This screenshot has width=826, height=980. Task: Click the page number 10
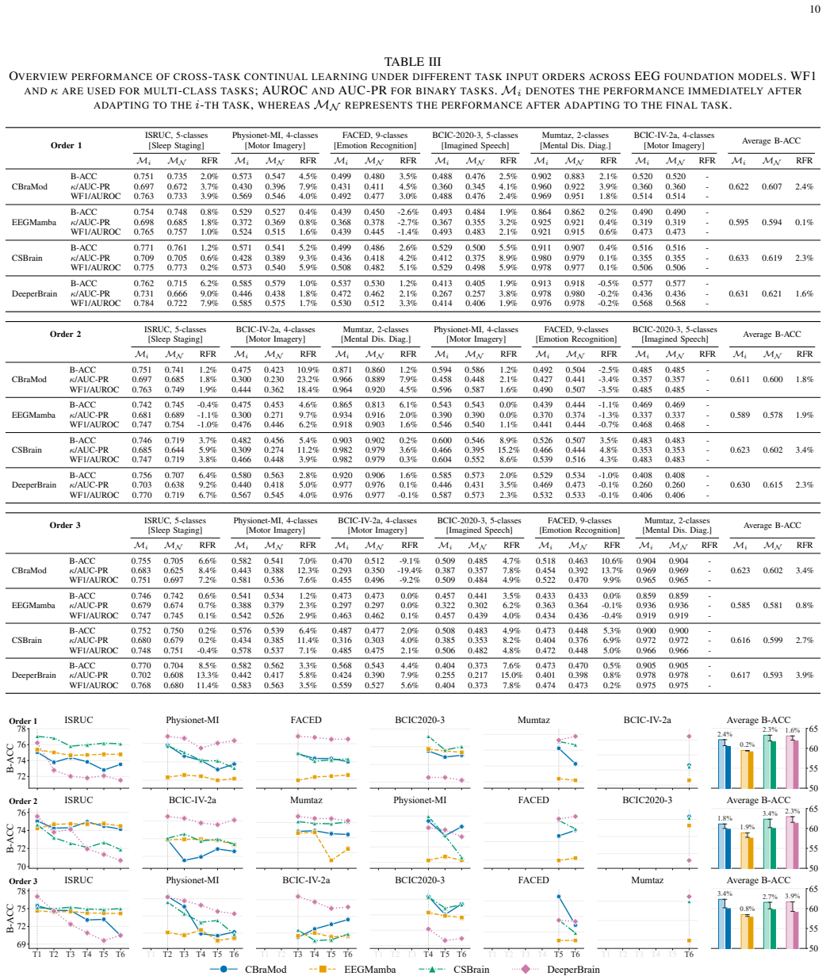point(815,9)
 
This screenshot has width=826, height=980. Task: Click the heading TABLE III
point(412,62)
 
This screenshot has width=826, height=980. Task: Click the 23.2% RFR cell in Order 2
point(308,379)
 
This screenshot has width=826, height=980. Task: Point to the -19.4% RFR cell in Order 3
point(409,570)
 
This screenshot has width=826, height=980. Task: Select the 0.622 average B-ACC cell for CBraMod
point(738,186)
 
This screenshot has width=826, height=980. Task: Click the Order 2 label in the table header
point(65,334)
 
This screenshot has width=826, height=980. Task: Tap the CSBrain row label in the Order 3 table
point(27,640)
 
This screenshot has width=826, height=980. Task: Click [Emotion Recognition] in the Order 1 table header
point(375,146)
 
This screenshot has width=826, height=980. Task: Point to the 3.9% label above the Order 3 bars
point(793,896)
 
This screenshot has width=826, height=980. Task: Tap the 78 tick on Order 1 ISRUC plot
point(22,729)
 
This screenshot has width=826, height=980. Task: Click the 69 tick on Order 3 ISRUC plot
point(22,944)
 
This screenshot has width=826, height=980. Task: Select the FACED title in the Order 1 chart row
point(306,720)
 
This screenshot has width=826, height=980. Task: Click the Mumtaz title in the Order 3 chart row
point(647,880)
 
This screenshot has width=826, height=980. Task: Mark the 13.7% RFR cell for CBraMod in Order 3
point(612,570)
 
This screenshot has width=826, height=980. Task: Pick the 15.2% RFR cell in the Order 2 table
point(509,450)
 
